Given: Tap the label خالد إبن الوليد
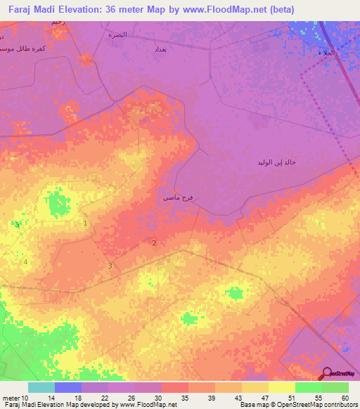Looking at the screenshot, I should tap(276, 162).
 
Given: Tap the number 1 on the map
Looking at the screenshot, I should tap(86, 223).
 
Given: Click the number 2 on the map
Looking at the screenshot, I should tap(154, 243).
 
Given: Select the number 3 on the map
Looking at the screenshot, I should tap(110, 266).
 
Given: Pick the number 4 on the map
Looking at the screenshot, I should tap(26, 262).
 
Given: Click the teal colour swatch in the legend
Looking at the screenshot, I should tap(41, 387).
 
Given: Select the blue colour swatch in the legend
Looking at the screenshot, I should tap(68, 387).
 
